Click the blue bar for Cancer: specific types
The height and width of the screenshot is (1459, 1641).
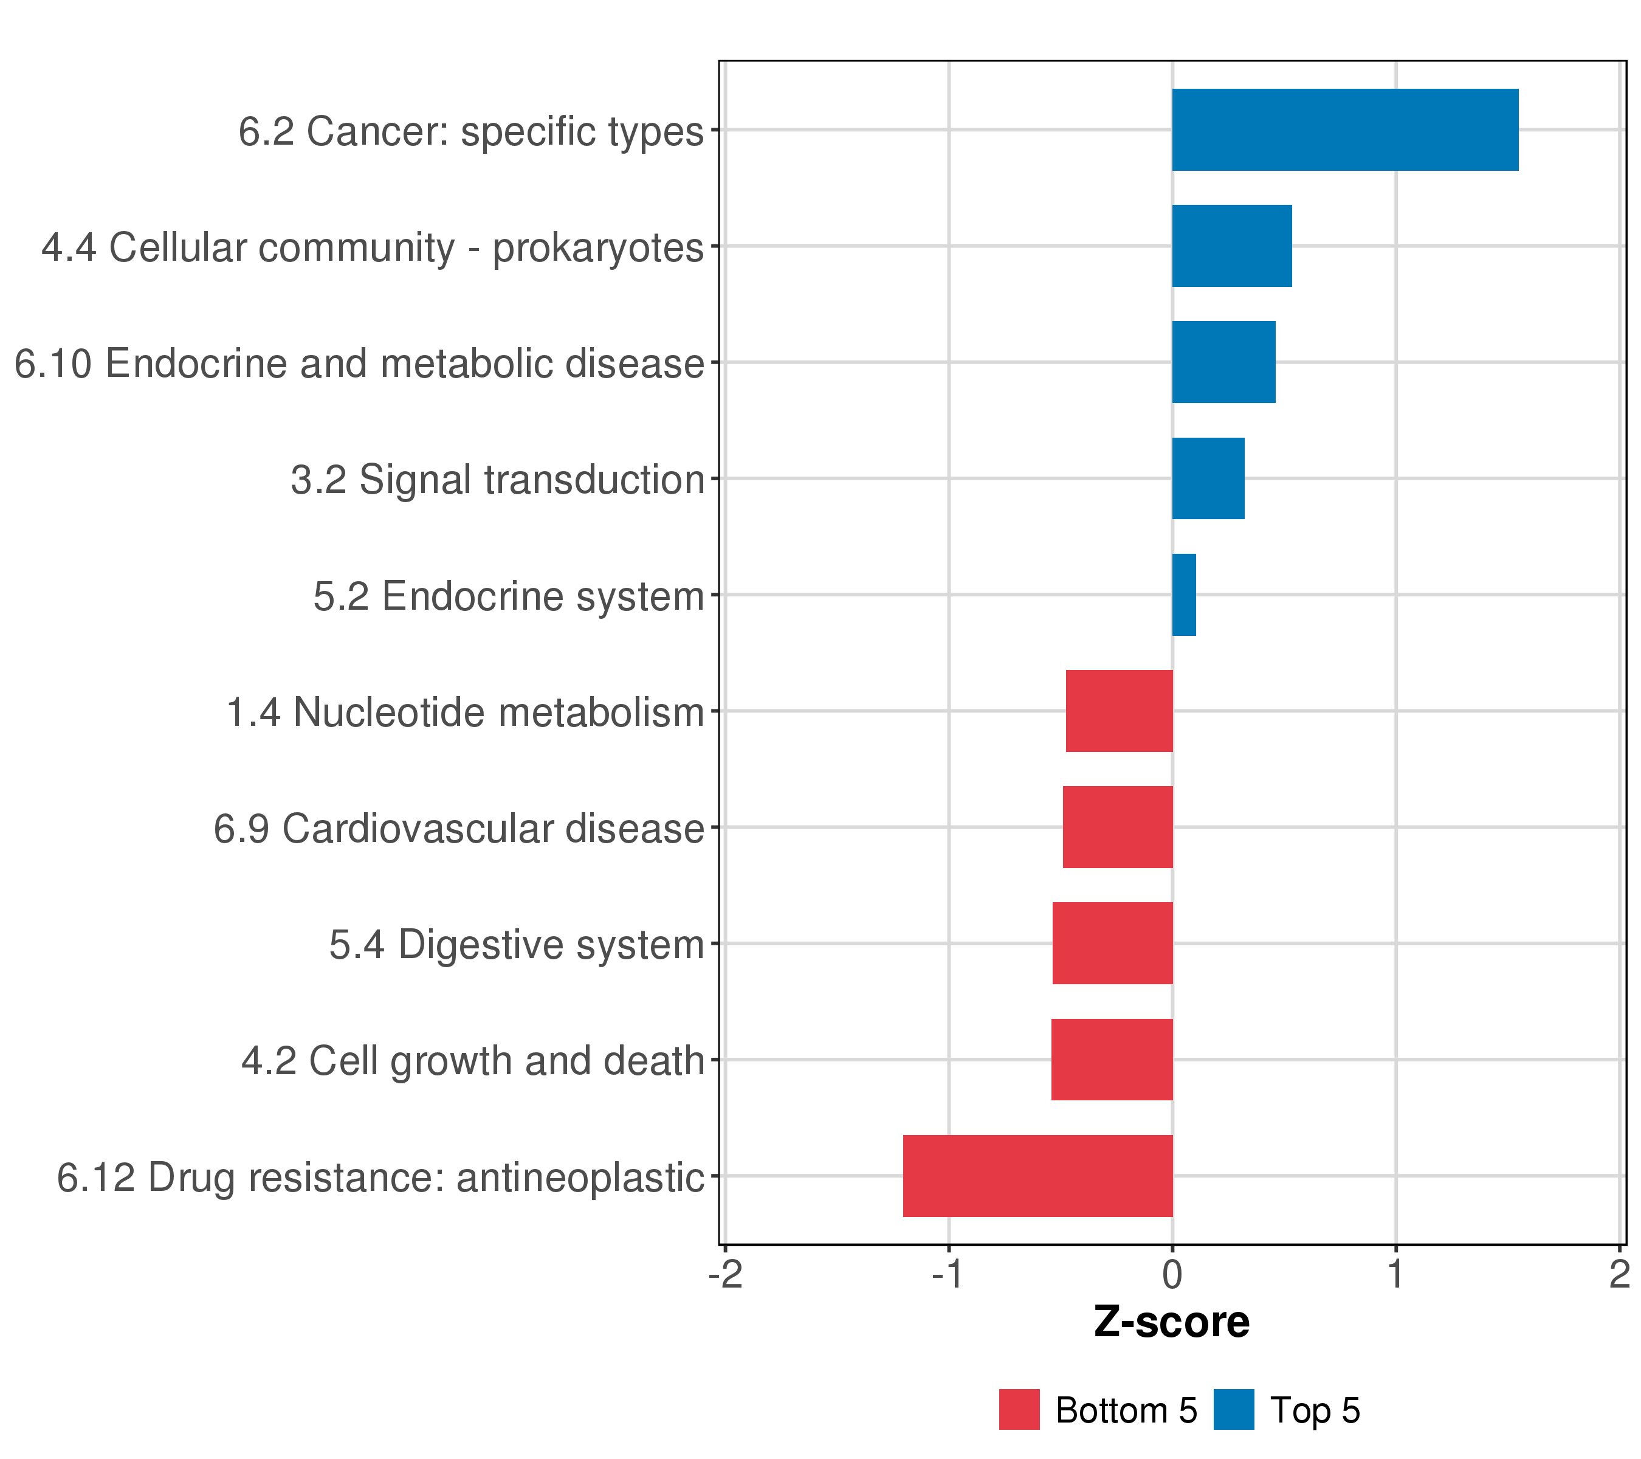click(x=1345, y=130)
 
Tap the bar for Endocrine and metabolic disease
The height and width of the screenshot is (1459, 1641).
click(x=1223, y=362)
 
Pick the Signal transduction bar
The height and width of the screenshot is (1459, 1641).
click(x=1208, y=478)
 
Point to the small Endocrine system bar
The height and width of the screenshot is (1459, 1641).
click(x=1184, y=595)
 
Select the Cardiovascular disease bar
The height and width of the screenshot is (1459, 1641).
click(x=1118, y=827)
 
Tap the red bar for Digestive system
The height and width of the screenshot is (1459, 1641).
click(x=1113, y=943)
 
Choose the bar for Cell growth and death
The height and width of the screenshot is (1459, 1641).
click(x=1112, y=1060)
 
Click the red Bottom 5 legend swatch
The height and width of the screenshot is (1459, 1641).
click(x=1019, y=1410)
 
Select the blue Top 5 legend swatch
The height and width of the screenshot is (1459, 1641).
click(x=1234, y=1410)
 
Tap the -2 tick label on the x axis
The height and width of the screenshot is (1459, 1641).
click(x=726, y=1275)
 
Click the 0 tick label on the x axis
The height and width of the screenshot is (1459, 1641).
click(x=1172, y=1275)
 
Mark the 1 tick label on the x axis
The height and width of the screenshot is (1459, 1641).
click(x=1396, y=1275)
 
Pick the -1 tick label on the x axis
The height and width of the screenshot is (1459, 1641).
click(x=948, y=1275)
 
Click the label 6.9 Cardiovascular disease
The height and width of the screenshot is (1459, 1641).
click(x=458, y=829)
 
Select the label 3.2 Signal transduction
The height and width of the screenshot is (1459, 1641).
click(x=497, y=480)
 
